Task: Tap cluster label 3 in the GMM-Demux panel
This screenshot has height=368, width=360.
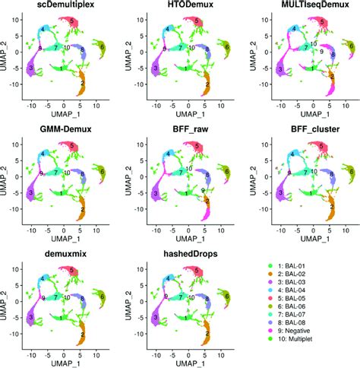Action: click(x=30, y=195)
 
